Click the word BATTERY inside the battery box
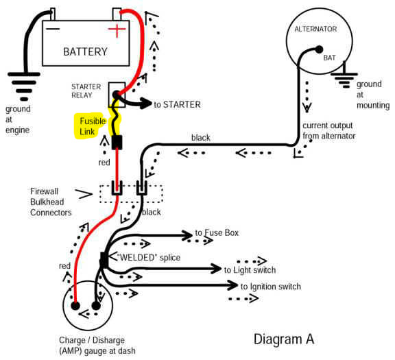pyautogui.click(x=85, y=51)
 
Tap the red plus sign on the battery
pyautogui.click(x=117, y=29)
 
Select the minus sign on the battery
pyautogui.click(x=53, y=29)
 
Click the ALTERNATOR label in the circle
pyautogui.click(x=315, y=29)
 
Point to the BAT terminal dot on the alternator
pyautogui.click(x=319, y=49)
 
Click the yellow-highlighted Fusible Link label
pyautogui.click(x=91, y=126)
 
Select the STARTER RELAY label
pyautogui.click(x=86, y=91)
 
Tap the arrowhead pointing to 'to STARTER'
pyautogui.click(x=146, y=103)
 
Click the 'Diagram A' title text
pyautogui.click(x=284, y=339)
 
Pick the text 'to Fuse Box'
pyautogui.click(x=217, y=232)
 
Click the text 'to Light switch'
pyautogui.click(x=250, y=270)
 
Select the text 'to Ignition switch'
pyautogui.click(x=271, y=287)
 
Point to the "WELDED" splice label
pyautogui.click(x=149, y=257)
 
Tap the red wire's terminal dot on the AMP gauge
pyautogui.click(x=75, y=306)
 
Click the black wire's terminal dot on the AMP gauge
pyautogui.click(x=96, y=306)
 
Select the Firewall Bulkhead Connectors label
pyautogui.click(x=51, y=202)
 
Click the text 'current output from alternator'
pyautogui.click(x=329, y=130)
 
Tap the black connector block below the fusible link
pyautogui.click(x=117, y=142)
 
